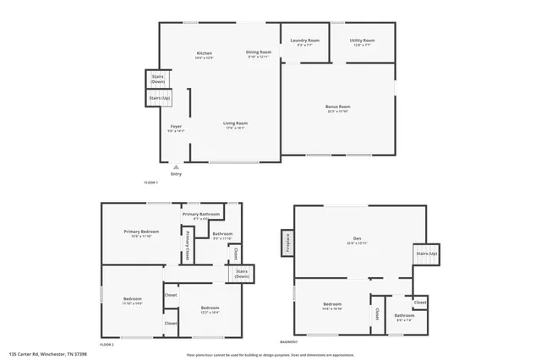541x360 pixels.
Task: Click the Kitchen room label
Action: [204, 55]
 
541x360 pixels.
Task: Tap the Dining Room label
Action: [259, 53]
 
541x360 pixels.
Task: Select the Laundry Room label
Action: [304, 41]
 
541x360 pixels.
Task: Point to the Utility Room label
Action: [363, 41]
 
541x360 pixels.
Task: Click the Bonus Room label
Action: [337, 107]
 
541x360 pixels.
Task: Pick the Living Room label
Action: [235, 126]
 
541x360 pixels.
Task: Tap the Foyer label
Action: [176, 128]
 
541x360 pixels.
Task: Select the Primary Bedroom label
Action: [141, 232]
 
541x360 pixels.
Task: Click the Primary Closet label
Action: [187, 245]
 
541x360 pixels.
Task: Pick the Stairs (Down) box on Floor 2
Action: [242, 275]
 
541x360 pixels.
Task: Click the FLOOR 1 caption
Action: [150, 183]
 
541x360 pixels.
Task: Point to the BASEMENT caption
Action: [290, 342]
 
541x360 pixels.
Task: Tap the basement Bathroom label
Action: [404, 316]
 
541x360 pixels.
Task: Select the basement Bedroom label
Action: [332, 305]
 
